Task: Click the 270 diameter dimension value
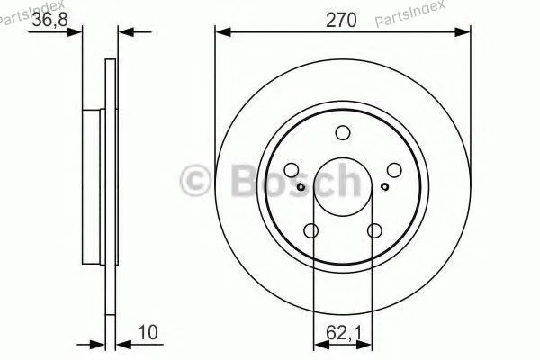tap(341, 21)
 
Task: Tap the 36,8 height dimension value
tap(50, 19)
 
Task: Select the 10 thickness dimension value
tap(148, 332)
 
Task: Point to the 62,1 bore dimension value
tap(344, 333)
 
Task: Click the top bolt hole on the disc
tap(343, 133)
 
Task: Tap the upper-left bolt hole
tap(292, 170)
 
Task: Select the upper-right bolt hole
tap(394, 170)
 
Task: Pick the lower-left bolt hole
tap(311, 230)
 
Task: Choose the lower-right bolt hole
tap(374, 230)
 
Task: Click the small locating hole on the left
tap(301, 186)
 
